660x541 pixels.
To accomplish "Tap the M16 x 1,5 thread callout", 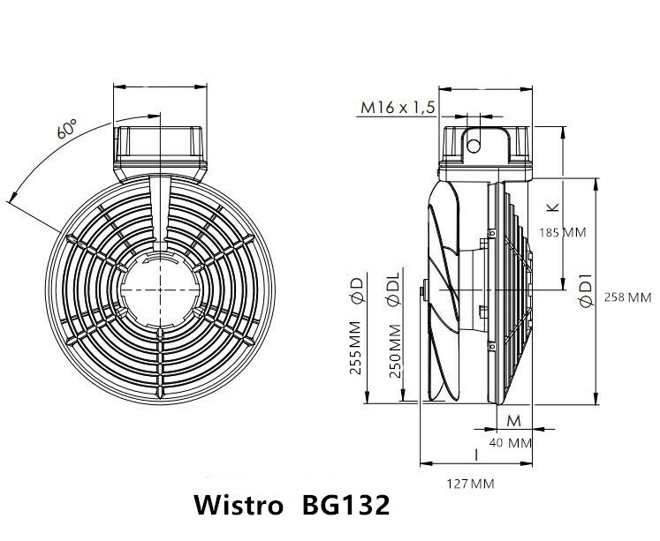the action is coord(398,108).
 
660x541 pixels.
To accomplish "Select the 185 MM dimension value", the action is coord(562,232).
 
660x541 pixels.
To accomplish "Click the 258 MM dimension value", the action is coord(626,297).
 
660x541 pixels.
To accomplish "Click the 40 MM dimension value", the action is coord(510,441).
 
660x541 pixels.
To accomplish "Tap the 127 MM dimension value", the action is coord(470,484).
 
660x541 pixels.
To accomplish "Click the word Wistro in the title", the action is coord(237,507).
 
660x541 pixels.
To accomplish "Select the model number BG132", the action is coord(345,507).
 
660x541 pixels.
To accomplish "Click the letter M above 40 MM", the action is coord(512,418).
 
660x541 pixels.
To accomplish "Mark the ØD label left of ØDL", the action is coord(355,290).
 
